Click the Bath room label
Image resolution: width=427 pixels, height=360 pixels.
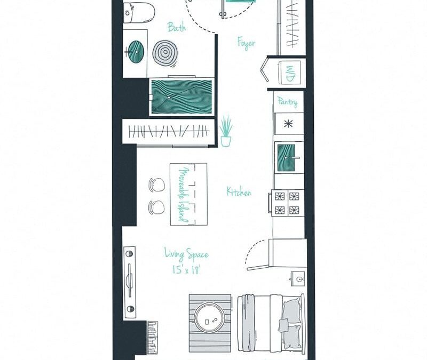(x=177, y=27)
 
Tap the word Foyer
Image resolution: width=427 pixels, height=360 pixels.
(x=246, y=43)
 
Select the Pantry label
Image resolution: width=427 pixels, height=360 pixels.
(x=287, y=101)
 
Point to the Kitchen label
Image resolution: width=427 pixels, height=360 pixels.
(x=239, y=192)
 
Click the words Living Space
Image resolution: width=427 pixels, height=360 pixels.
(x=186, y=255)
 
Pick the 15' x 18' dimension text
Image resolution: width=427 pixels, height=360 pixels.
(x=186, y=269)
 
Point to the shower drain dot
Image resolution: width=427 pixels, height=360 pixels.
(x=169, y=98)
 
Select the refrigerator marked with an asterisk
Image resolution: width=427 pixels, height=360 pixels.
(x=289, y=124)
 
